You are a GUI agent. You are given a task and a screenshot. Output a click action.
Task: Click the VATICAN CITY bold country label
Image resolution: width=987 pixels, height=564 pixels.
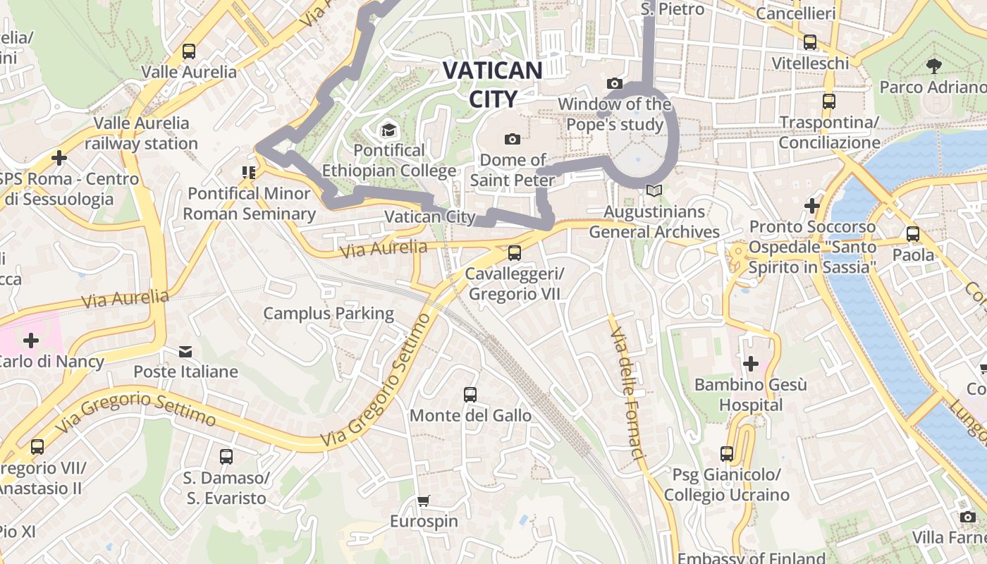pos(492,84)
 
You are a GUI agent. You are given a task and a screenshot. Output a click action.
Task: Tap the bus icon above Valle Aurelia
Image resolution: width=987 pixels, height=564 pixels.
pos(189,51)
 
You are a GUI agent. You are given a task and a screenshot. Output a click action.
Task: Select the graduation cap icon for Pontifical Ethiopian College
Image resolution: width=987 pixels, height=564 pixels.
pos(388,130)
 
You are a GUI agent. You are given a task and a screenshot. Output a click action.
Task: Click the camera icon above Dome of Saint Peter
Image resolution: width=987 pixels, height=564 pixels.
pos(513,139)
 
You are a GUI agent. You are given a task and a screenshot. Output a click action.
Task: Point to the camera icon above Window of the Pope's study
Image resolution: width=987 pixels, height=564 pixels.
pos(615,84)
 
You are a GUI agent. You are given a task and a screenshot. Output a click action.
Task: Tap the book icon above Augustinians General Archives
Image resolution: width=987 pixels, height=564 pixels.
pos(654,191)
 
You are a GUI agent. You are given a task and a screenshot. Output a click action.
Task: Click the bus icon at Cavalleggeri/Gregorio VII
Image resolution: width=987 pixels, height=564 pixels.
pos(515,253)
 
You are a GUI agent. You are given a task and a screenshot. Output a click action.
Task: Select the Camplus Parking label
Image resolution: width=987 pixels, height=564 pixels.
pos(329,313)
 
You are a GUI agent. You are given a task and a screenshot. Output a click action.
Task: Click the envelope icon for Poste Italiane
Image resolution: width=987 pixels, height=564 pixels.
pos(185,351)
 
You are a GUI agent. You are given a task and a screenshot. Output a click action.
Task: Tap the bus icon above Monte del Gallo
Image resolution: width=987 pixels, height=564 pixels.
pos(470,395)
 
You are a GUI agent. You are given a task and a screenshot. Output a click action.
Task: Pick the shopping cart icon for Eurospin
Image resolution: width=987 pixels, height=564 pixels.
pos(424,501)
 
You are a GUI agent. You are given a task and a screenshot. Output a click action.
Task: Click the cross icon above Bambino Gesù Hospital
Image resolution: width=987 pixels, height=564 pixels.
pos(751,364)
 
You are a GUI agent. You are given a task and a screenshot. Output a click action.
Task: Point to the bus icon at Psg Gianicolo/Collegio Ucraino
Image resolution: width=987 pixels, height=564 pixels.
pos(727,454)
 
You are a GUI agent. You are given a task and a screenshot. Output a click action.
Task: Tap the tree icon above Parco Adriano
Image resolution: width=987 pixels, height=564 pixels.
pos(934,67)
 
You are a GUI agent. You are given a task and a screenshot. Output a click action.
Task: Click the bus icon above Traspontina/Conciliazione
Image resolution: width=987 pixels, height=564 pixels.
pos(829,102)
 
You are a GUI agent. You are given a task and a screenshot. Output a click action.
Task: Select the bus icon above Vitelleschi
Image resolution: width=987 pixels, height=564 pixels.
pos(810,42)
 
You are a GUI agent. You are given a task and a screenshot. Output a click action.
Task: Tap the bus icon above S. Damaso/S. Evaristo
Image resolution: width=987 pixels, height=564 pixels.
pos(226,457)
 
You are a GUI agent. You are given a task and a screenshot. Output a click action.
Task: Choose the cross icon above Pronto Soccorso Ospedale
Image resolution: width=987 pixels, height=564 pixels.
pos(812,206)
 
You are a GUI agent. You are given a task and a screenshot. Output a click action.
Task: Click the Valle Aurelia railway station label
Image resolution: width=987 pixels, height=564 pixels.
pos(141,133)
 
